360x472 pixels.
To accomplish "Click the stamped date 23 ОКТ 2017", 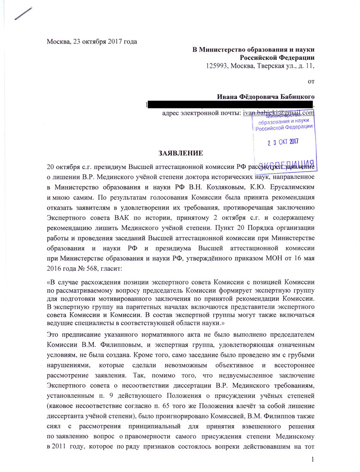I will tap(283, 141).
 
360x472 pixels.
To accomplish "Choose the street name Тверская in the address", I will tap(265, 66).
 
